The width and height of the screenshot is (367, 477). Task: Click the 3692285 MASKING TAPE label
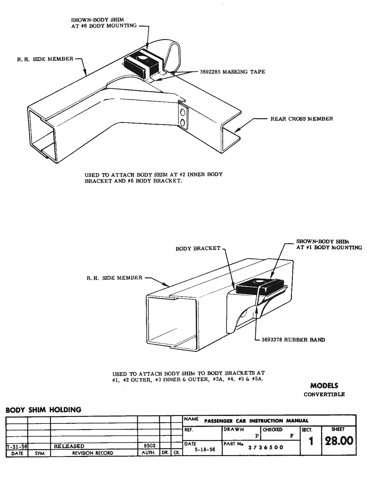point(232,72)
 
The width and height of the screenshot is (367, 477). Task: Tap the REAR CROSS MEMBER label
point(302,119)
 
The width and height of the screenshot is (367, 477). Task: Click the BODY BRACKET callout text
point(198,248)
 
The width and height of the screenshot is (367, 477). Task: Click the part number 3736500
point(266,447)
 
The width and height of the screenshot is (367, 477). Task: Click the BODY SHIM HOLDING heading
point(43,410)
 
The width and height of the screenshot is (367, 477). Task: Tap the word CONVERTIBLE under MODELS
point(324,394)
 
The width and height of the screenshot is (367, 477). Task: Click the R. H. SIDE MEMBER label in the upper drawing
point(45,59)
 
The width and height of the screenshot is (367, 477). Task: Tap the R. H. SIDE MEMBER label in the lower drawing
point(115,277)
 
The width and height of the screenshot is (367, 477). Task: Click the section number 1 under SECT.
point(311,441)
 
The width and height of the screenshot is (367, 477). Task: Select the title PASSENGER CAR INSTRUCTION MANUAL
point(256,421)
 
